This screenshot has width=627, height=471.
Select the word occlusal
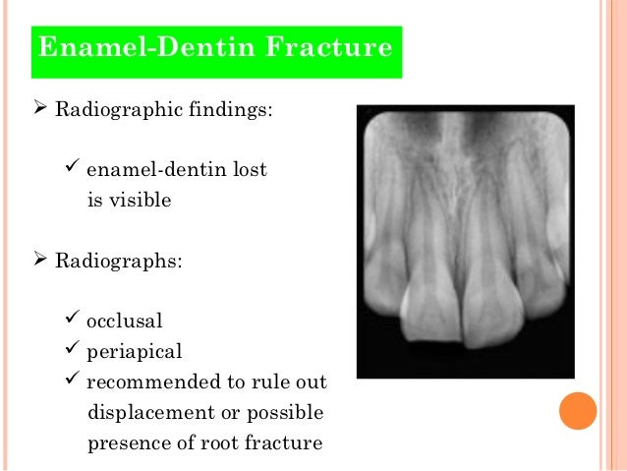tap(125, 322)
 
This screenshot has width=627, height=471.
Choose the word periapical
tap(134, 351)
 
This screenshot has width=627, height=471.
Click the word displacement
tap(143, 412)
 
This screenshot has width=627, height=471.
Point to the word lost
tap(249, 170)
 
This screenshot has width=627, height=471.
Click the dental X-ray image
tap(463, 240)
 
